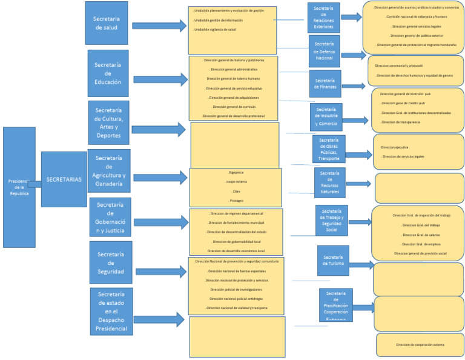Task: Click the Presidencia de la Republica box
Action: pos(19,179)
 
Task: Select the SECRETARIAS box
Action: pos(64,179)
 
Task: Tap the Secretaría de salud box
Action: pos(107,23)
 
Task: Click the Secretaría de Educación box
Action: pos(108,73)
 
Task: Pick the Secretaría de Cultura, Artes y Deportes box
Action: pos(108,123)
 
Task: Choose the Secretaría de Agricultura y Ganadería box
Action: pos(110,171)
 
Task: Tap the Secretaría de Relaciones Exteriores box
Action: pos(323,18)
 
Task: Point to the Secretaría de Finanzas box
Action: pos(325,84)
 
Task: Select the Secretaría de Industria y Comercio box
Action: pos(326,117)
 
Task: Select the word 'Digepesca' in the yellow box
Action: pos(235,173)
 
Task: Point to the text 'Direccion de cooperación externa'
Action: pos(420,345)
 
